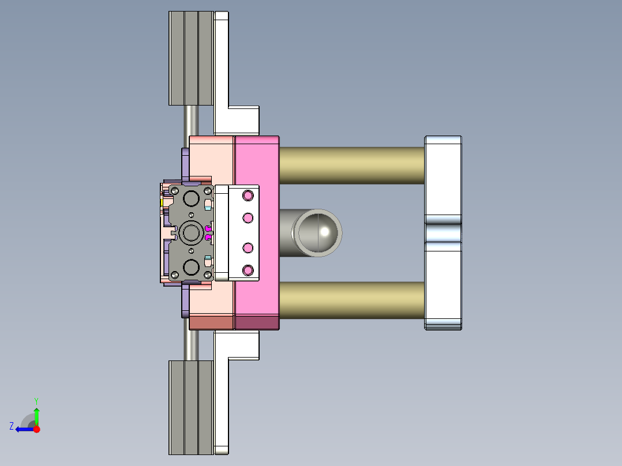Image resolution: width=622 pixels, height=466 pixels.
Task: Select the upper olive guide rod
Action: [x=352, y=165]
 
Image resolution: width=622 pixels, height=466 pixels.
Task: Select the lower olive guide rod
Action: [x=352, y=300]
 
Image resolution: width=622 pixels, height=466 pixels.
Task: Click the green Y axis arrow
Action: [x=36, y=414]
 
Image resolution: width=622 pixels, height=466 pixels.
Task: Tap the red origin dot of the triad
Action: [x=37, y=429]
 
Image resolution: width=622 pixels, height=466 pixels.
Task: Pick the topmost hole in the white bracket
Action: [x=249, y=195]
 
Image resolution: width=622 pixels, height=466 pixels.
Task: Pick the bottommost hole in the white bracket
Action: [x=249, y=270]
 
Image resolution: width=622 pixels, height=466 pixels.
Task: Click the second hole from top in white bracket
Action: [x=249, y=217]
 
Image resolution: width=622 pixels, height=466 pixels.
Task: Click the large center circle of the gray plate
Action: [x=190, y=233]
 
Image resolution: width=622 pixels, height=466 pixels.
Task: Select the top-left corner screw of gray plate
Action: [x=174, y=190]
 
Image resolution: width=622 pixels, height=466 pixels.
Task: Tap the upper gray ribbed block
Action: [x=190, y=58]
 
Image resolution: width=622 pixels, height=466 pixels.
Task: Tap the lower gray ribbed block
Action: [x=190, y=407]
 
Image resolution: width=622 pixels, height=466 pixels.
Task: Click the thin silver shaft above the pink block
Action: [x=192, y=121]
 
